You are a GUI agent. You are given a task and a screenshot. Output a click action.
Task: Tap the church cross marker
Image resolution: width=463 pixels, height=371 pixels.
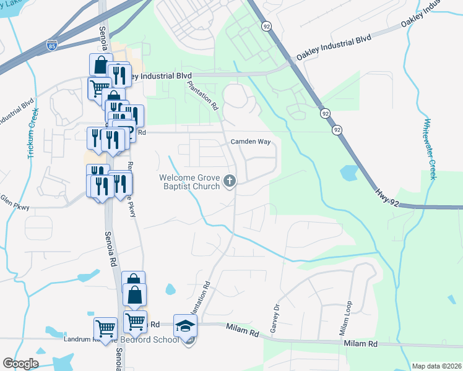(x=230, y=181)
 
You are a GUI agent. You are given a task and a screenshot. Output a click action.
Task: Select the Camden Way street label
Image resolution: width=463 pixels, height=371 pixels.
(x=251, y=142)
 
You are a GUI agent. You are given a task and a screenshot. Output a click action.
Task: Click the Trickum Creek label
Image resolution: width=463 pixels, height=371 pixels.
(x=32, y=133)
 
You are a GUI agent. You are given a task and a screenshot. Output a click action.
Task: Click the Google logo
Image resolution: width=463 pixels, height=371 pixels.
(x=20, y=364)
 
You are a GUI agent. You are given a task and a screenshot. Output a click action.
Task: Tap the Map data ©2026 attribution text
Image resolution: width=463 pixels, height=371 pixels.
(x=437, y=366)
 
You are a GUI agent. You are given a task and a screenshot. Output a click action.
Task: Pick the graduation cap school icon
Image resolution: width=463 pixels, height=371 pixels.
(x=185, y=325)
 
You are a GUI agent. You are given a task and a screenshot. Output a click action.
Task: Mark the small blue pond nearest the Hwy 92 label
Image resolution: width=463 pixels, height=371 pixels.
(x=348, y=174)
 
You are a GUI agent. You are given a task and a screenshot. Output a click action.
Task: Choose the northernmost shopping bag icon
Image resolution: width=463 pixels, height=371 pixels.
(x=101, y=64)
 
